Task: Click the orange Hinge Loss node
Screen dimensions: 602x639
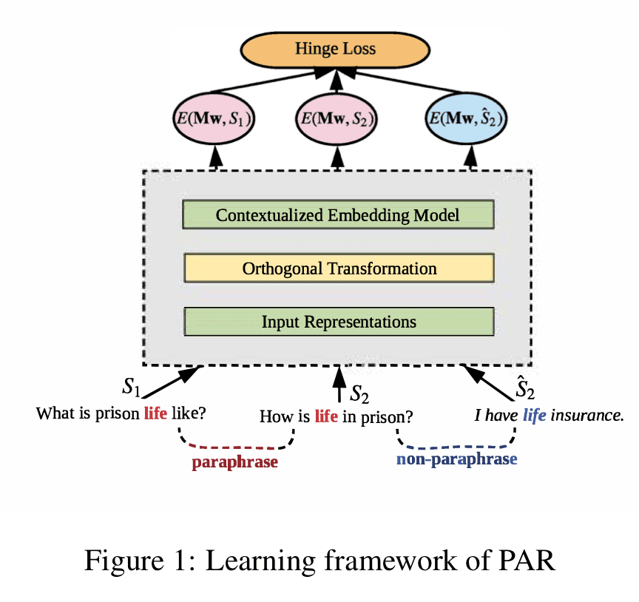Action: pyautogui.click(x=335, y=50)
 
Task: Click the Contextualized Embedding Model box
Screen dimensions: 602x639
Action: pyautogui.click(x=338, y=215)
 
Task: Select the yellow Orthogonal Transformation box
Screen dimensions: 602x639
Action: pyautogui.click(x=338, y=268)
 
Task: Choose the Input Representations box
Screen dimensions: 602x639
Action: pyautogui.click(x=338, y=322)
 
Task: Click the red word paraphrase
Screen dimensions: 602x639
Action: pyautogui.click(x=234, y=462)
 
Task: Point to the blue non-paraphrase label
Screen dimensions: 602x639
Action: pyautogui.click(x=456, y=459)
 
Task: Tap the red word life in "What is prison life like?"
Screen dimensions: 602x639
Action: pyautogui.click(x=155, y=413)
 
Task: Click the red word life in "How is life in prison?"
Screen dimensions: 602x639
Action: pyautogui.click(x=326, y=416)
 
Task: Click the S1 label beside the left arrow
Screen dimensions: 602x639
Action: pyautogui.click(x=131, y=387)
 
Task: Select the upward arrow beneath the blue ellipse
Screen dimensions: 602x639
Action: pyautogui.click(x=468, y=157)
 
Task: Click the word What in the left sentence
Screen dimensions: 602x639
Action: pyautogui.click(x=53, y=413)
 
